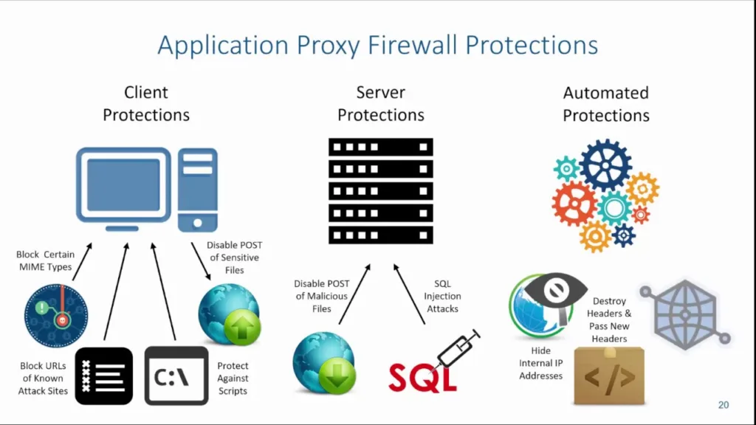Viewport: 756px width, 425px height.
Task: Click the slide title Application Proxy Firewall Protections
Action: point(377,45)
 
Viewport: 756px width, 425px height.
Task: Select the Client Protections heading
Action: point(146,104)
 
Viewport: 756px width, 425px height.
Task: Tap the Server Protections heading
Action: point(380,104)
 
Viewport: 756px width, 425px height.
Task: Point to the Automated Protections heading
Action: point(605,104)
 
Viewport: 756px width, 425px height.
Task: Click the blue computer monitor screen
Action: point(123,185)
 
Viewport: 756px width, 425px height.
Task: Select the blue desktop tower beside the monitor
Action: point(197,189)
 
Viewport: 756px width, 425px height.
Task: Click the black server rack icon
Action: point(380,190)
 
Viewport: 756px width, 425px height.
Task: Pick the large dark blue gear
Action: point(605,165)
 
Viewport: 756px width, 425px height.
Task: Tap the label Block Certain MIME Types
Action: point(45,260)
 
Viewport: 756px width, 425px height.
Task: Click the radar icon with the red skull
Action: point(55,315)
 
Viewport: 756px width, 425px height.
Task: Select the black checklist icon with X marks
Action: point(104,376)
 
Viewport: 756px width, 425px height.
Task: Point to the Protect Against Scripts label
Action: point(233,378)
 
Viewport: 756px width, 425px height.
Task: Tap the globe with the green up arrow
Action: point(229,315)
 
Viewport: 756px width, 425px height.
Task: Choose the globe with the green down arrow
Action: point(324,362)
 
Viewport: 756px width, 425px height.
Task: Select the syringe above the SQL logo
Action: point(458,348)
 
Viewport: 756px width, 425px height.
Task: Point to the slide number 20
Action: point(723,405)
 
